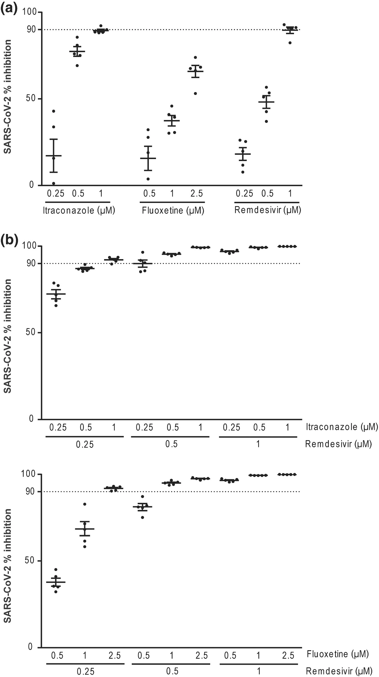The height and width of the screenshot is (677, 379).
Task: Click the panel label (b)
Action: coord(9,239)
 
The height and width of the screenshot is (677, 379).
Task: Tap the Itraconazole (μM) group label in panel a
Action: coord(79,211)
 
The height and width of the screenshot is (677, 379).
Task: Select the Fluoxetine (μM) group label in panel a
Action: coord(173,211)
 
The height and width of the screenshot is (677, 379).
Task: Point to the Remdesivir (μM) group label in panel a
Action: coord(267,210)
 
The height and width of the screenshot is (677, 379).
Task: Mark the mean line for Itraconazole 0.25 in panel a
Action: coord(53,156)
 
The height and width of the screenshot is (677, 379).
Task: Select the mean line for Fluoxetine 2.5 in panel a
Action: coord(195,71)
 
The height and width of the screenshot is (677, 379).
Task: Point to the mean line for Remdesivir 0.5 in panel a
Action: coord(266,102)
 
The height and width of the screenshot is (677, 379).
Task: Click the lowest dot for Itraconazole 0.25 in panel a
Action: coord(54,183)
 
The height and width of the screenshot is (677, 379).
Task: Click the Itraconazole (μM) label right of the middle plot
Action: coord(342,427)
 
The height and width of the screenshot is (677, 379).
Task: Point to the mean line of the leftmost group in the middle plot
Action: coord(56,294)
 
